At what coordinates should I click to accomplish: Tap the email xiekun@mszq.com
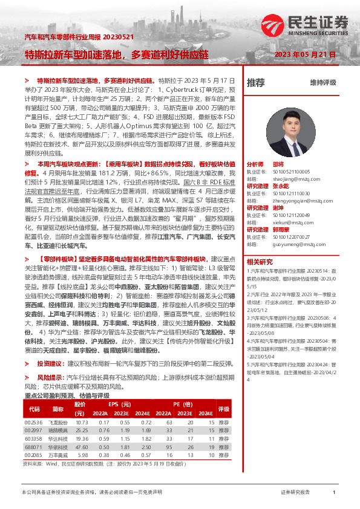pos(286,221)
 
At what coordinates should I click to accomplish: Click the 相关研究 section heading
pos(260,262)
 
